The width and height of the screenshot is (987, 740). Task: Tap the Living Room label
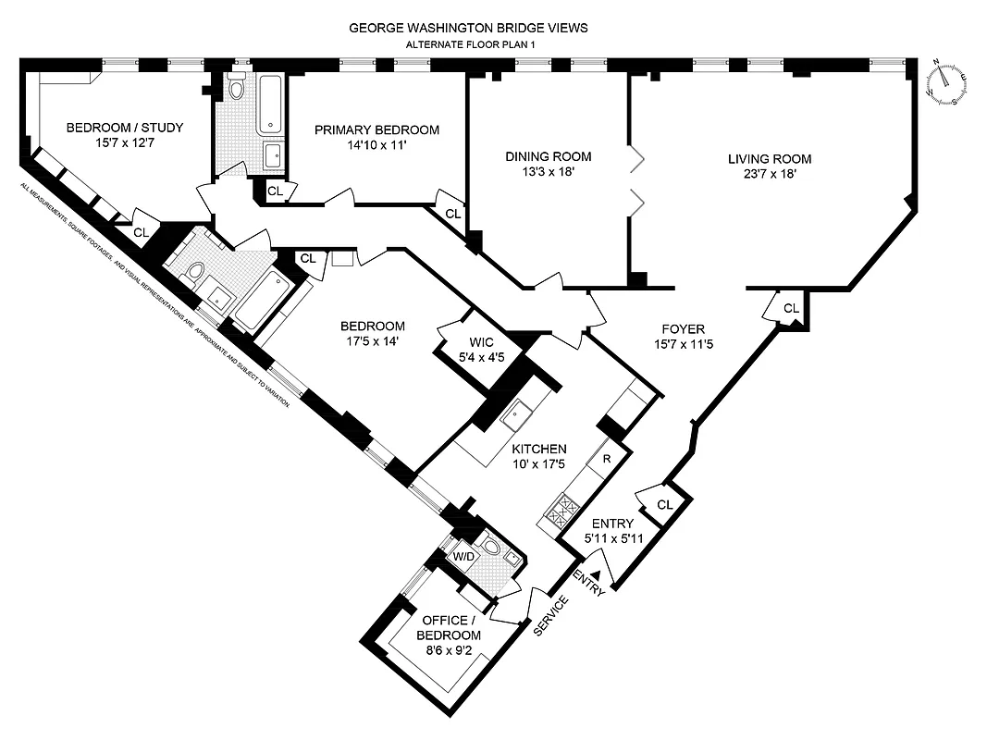pyautogui.click(x=767, y=157)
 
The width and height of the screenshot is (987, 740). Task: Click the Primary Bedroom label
pyautogui.click(x=376, y=129)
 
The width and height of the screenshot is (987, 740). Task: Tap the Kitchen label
pyautogui.click(x=540, y=449)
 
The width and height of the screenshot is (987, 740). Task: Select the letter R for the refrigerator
pyautogui.click(x=606, y=458)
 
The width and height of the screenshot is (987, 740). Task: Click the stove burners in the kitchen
pyautogui.click(x=561, y=510)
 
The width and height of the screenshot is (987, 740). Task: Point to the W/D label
pyautogui.click(x=462, y=557)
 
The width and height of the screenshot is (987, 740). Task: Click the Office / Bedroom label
pyautogui.click(x=450, y=628)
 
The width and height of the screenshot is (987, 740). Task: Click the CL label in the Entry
pyautogui.click(x=665, y=504)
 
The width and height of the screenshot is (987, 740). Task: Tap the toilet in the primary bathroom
pyautogui.click(x=237, y=89)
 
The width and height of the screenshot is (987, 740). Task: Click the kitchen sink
pyautogui.click(x=514, y=413)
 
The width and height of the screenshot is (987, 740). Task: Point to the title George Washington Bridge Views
pyautogui.click(x=467, y=28)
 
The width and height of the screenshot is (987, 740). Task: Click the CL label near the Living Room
pyautogui.click(x=791, y=308)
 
